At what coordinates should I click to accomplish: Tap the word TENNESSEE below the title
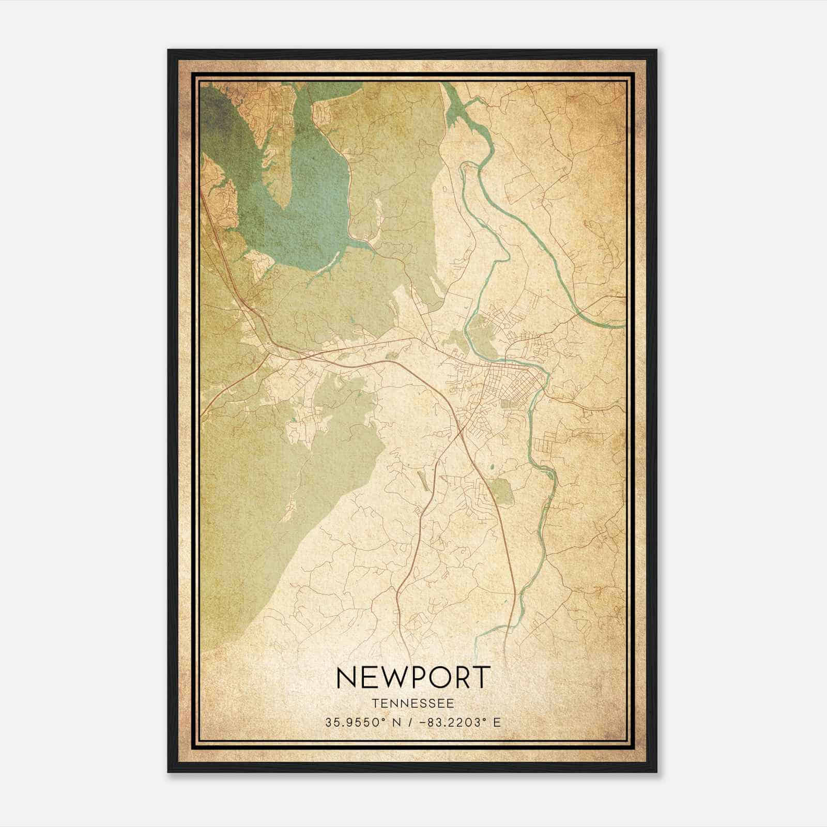tap(412, 703)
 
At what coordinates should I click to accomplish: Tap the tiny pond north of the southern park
tap(491, 468)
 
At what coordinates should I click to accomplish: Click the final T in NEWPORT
tap(481, 678)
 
